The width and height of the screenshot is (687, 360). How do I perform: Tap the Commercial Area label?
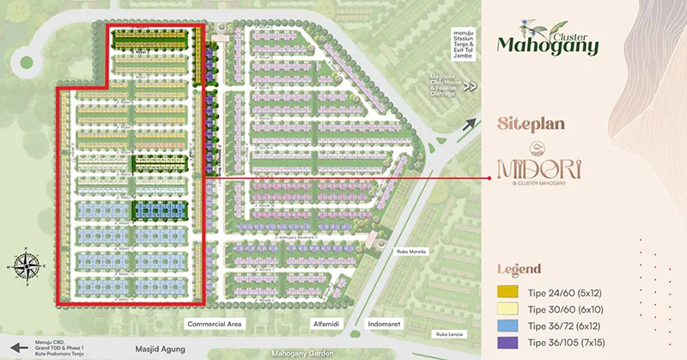[x=216, y=324]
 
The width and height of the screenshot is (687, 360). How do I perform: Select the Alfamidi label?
[x=327, y=324]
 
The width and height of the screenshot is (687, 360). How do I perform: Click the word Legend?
[x=520, y=269]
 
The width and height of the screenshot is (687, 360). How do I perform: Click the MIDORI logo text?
[x=538, y=166]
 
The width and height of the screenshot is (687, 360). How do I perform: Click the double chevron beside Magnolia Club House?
[x=469, y=86]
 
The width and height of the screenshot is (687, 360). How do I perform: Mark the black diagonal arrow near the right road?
[x=469, y=124]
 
